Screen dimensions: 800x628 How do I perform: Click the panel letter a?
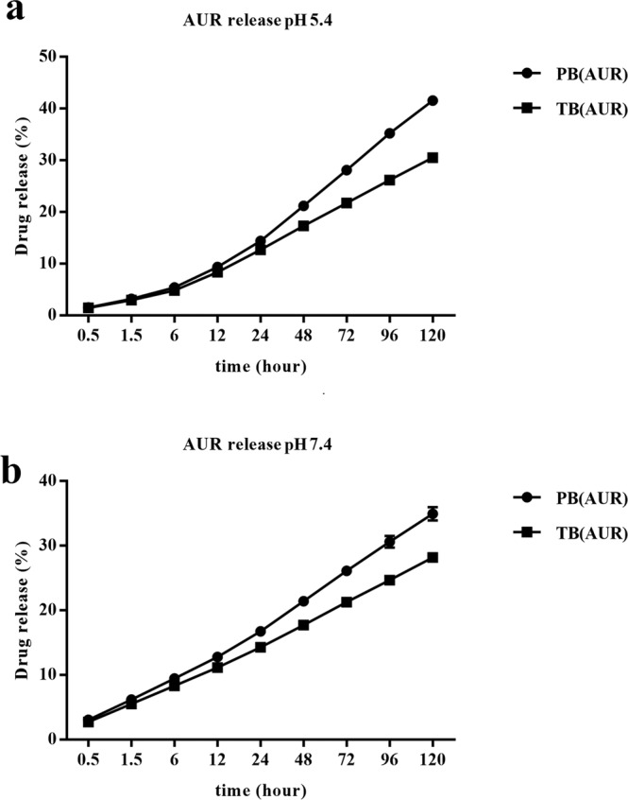click(13, 16)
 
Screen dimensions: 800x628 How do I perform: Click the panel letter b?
click(14, 448)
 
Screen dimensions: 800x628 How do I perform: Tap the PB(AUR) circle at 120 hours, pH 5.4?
click(433, 100)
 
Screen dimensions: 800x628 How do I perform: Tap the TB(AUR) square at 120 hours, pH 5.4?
click(433, 157)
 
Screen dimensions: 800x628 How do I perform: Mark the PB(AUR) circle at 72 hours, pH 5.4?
click(347, 170)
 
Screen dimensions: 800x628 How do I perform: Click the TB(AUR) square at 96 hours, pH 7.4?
click(389, 580)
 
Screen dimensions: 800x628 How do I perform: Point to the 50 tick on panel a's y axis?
click(59, 57)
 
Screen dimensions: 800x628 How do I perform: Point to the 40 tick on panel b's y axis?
click(59, 480)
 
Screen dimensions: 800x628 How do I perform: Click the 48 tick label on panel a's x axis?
click(303, 337)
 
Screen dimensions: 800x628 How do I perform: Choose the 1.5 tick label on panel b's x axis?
click(131, 760)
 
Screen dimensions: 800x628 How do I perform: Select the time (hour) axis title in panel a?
click(261, 364)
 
